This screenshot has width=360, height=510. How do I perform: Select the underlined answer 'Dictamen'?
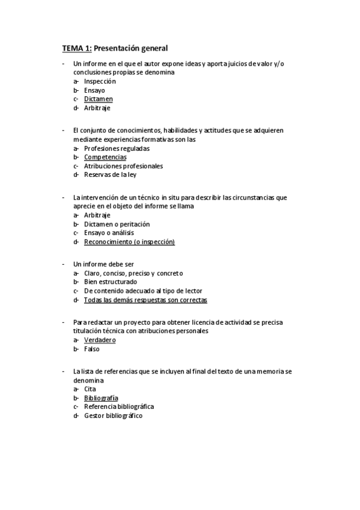99,99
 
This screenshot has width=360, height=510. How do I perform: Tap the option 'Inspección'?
100,81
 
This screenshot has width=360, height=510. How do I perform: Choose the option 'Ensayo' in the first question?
94,90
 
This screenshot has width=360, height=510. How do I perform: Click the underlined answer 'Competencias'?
105,157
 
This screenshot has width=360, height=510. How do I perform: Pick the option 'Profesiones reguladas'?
117,148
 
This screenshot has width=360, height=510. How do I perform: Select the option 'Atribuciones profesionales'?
123,166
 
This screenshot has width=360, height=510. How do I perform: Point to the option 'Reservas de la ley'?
111,175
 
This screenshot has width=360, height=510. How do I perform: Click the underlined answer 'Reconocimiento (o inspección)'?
129,242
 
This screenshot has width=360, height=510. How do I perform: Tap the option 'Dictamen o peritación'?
117,224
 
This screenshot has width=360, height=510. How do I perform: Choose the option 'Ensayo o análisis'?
109,233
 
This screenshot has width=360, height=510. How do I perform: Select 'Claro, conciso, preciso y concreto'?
133,273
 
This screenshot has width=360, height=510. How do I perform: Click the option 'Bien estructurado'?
110,281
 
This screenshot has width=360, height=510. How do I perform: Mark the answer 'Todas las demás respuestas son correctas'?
145,300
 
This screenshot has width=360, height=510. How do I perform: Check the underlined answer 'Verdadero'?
100,340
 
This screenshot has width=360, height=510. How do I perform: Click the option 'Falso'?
92,349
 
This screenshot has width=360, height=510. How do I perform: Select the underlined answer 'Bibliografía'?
101,398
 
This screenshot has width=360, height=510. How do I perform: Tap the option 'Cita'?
90,389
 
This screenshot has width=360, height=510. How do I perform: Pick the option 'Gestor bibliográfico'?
113,416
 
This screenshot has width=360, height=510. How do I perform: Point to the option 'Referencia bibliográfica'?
119,407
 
